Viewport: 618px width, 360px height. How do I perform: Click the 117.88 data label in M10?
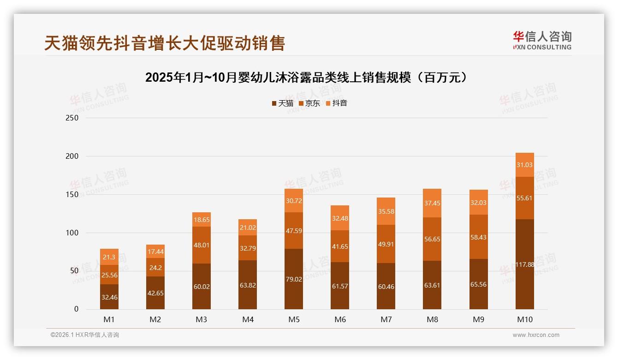(524, 264)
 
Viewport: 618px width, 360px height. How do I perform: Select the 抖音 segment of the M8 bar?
(432, 203)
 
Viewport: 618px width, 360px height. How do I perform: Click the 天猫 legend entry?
(282, 103)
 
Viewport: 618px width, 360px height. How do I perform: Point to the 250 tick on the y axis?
(72, 118)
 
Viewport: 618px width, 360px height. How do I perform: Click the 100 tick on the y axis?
(72, 233)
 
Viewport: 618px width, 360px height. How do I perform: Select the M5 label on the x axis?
(294, 319)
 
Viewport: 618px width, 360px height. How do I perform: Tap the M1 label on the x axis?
(109, 319)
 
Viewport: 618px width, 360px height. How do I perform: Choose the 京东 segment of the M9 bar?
(478, 237)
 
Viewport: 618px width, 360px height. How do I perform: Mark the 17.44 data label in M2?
(155, 252)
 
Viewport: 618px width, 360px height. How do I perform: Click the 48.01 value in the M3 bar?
(202, 245)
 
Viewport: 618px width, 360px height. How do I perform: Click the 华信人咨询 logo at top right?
(542, 40)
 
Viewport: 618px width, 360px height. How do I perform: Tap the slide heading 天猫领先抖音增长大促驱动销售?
(165, 43)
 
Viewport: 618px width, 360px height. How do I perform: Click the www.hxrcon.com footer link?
(536, 335)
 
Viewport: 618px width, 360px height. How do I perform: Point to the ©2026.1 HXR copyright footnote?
(85, 335)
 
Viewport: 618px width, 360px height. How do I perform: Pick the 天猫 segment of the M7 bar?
(386, 286)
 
